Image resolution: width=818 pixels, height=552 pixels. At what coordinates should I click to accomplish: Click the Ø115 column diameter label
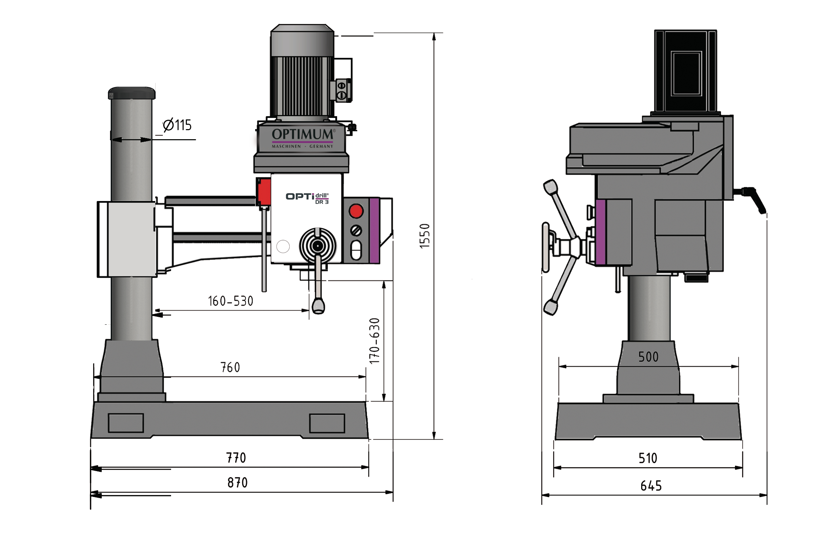coord(177,125)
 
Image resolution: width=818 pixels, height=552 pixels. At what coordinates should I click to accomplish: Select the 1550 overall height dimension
coord(425,236)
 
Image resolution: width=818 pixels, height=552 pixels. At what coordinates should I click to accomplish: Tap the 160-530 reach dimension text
coord(230,301)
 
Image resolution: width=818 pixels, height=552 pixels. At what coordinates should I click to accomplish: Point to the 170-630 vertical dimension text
coord(374,341)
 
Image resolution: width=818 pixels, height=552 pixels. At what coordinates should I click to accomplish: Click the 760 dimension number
coord(230,367)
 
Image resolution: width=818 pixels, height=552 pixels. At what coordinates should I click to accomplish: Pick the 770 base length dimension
coord(236,458)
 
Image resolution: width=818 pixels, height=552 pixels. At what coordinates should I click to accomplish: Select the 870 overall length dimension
coord(237,483)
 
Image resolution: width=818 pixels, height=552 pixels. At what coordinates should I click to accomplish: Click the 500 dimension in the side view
coord(648,357)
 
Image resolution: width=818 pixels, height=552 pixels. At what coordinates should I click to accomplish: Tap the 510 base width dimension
coord(648,458)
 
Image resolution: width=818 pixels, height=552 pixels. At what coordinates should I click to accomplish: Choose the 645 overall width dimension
coord(651,486)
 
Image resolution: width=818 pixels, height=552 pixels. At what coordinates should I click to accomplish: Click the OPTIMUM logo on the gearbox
coord(303,134)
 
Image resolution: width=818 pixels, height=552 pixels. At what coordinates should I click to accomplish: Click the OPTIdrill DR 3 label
coord(307,198)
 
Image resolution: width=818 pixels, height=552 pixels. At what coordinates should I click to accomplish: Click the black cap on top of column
coord(132,93)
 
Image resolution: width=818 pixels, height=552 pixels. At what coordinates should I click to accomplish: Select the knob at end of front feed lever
coord(318,306)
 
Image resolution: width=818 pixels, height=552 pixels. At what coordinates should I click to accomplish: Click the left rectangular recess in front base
coord(126,423)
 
